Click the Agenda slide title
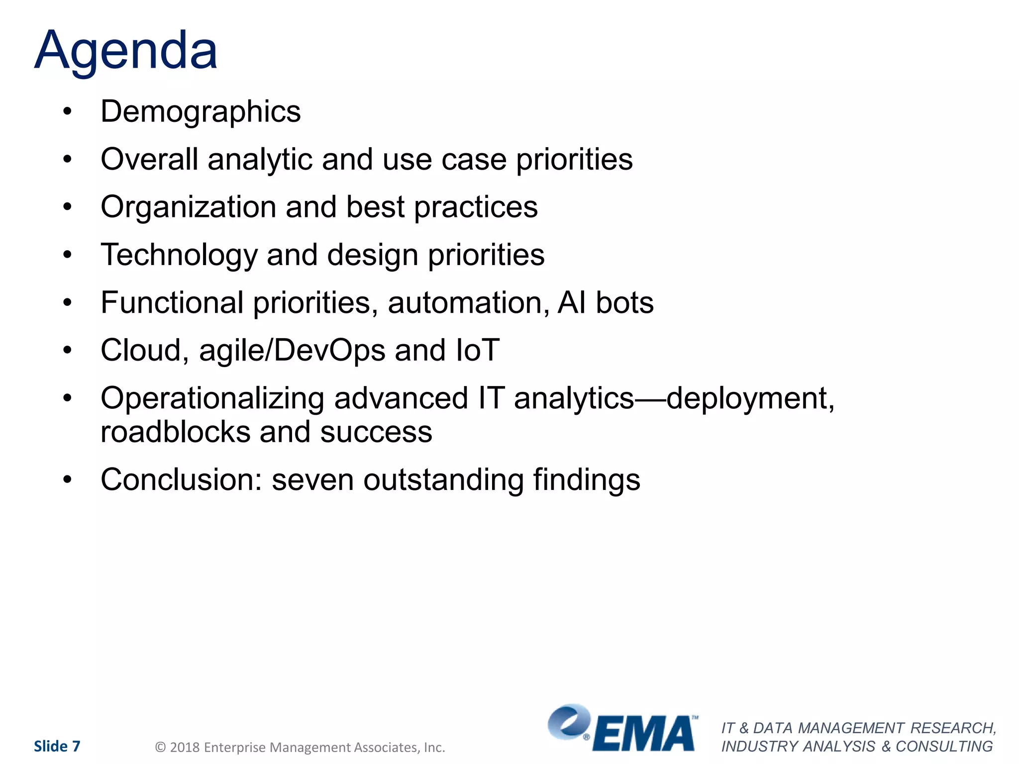click(126, 51)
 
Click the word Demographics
click(201, 111)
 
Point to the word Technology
click(179, 255)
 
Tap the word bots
click(624, 302)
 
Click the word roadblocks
click(175, 432)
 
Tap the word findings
click(587, 479)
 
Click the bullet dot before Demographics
click(68, 111)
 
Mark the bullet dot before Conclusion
click(68, 479)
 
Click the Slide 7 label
click(57, 746)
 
